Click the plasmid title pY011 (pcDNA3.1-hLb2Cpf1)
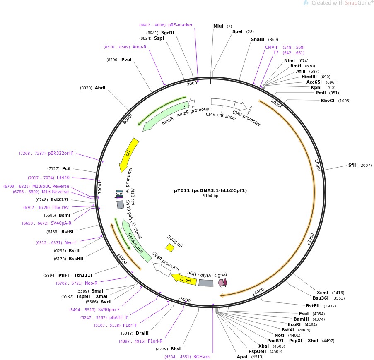[x=210, y=190]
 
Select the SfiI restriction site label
[x=352, y=165]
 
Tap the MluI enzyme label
[x=218, y=26]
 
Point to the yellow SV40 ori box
[x=170, y=247]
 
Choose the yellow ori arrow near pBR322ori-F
[x=129, y=155]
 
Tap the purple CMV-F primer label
[x=272, y=47]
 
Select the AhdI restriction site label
[x=100, y=88]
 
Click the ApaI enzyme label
[x=242, y=357]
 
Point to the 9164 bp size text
[x=210, y=196]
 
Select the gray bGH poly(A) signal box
[x=206, y=283]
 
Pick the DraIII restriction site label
[x=142, y=333]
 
